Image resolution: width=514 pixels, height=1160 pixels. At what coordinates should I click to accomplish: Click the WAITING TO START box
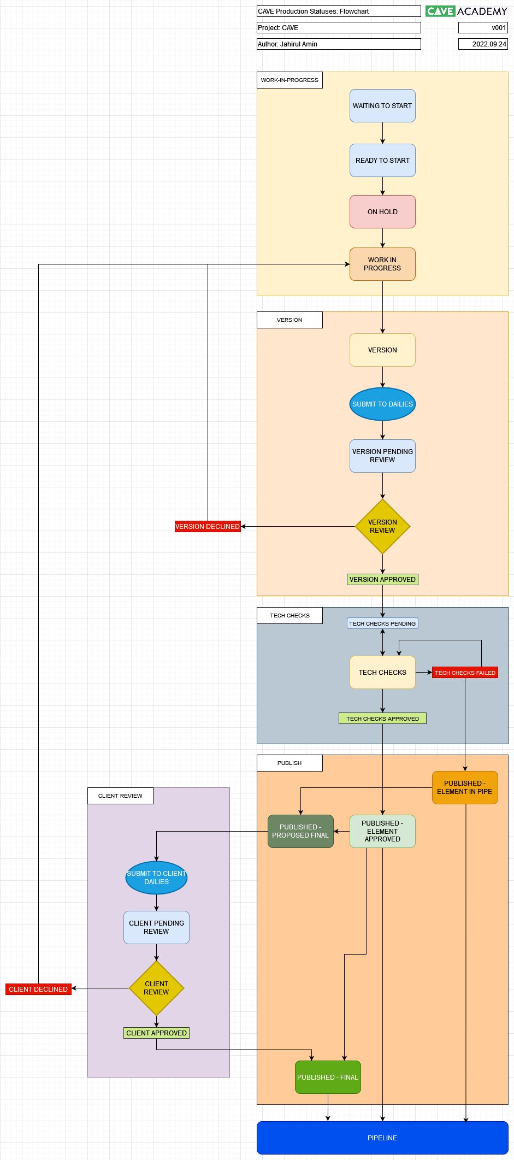pyautogui.click(x=382, y=106)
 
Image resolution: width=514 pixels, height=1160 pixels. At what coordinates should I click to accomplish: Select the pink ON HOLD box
pyautogui.click(x=382, y=212)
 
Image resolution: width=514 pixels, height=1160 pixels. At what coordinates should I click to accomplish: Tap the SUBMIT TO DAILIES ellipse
pyautogui.click(x=382, y=404)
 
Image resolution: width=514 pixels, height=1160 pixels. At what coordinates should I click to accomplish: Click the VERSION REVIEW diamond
pyautogui.click(x=382, y=526)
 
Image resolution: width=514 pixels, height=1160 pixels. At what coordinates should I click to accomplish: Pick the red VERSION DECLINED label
pyautogui.click(x=208, y=526)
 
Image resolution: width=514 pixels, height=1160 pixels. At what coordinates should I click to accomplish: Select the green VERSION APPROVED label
pyautogui.click(x=382, y=579)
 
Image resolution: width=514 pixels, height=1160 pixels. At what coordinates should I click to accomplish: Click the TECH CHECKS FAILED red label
pyautogui.click(x=465, y=673)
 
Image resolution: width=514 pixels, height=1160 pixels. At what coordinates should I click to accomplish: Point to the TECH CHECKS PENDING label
pyautogui.click(x=382, y=623)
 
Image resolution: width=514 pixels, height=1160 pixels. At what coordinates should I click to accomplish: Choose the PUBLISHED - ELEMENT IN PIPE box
pyautogui.click(x=465, y=787)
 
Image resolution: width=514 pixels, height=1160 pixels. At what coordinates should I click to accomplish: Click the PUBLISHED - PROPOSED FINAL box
pyautogui.click(x=300, y=831)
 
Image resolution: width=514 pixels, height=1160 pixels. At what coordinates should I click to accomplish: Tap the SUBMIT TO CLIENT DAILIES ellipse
pyautogui.click(x=156, y=878)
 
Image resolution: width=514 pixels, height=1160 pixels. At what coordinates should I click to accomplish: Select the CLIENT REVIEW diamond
pyautogui.click(x=156, y=988)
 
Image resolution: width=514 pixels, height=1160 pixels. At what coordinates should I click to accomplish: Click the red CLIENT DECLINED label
pyautogui.click(x=38, y=989)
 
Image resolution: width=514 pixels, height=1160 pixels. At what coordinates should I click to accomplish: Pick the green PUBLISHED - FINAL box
pyautogui.click(x=328, y=1077)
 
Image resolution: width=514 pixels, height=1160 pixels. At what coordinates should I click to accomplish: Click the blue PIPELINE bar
pyautogui.click(x=382, y=1138)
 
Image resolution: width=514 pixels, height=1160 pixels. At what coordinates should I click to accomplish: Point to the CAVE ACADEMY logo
pyautogui.click(x=466, y=11)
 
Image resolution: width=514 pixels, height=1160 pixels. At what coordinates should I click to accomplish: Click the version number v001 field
pyautogui.click(x=483, y=28)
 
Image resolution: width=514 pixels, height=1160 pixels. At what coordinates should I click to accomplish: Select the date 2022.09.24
pyautogui.click(x=483, y=44)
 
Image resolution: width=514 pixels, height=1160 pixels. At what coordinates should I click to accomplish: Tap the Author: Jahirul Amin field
pyautogui.click(x=339, y=44)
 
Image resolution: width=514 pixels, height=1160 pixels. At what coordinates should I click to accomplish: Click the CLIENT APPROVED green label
pyautogui.click(x=156, y=1033)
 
